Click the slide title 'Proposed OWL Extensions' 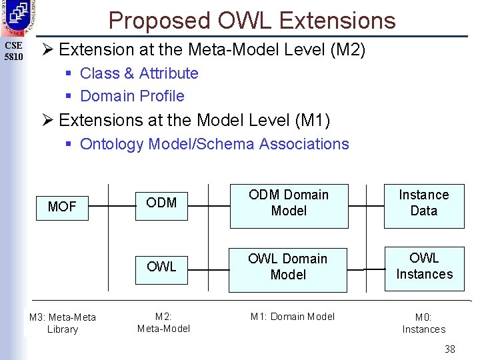click(252, 21)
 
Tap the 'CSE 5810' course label click(14, 51)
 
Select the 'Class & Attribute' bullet click(139, 73)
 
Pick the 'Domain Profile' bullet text click(132, 96)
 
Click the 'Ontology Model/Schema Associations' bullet click(214, 144)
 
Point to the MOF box click(62, 207)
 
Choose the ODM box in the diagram click(161, 203)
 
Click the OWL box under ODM click(161, 267)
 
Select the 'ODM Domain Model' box click(288, 203)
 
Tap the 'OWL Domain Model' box click(288, 267)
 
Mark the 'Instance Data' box click(424, 203)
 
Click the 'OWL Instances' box click(424, 266)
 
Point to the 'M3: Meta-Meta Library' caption click(62, 323)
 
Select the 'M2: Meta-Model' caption click(163, 323)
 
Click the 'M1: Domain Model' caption click(293, 317)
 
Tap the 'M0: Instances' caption click(424, 323)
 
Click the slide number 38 click(450, 349)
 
